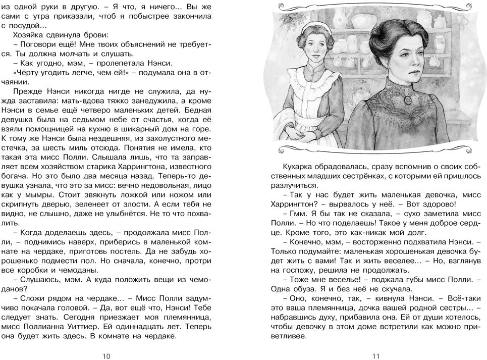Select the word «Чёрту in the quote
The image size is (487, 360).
[x=23, y=73]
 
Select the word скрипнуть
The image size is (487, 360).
[x=27, y=206]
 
